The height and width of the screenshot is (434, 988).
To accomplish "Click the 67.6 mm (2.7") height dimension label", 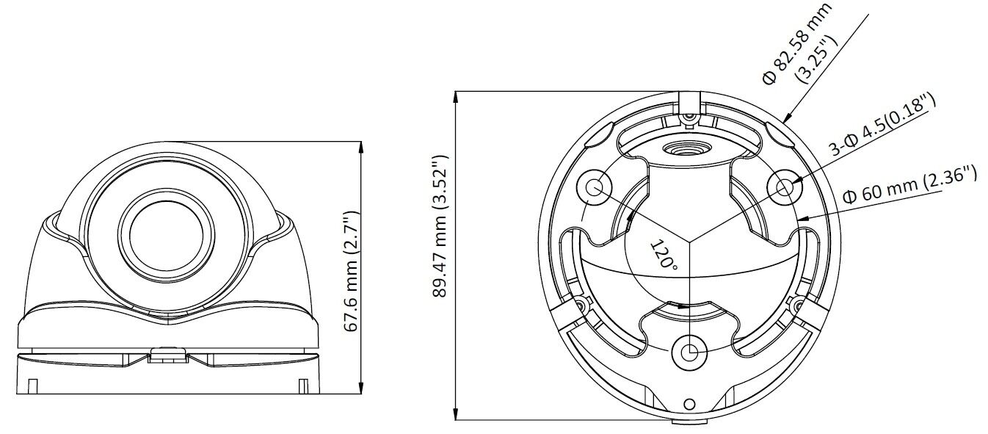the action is click(x=352, y=272).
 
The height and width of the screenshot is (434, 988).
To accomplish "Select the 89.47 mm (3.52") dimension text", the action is click(x=440, y=227).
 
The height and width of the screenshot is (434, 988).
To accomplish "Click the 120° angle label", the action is click(x=664, y=255).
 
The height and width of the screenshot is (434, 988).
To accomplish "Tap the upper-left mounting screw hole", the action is click(x=595, y=188).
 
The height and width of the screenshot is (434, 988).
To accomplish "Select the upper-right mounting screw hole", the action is click(x=785, y=188).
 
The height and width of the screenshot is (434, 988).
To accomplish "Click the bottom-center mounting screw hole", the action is click(x=689, y=352).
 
